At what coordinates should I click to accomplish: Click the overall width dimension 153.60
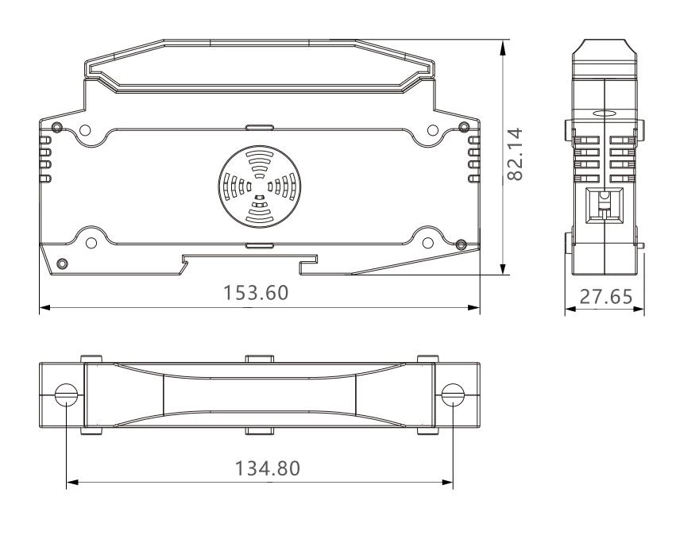pos(256,293)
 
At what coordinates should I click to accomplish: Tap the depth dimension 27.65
pos(604,297)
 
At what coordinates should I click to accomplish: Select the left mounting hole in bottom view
pos(67,395)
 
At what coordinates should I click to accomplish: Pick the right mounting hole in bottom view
pos(452,395)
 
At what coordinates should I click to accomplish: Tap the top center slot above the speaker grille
pos(259,127)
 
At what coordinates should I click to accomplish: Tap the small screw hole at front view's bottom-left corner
pos(63,264)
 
